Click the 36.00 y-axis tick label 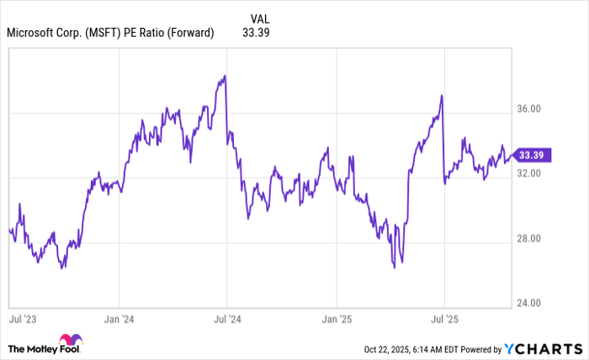tap(529, 109)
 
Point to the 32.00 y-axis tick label tap(529, 174)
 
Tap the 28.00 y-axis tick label tap(529, 239)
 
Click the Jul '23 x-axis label tap(22, 320)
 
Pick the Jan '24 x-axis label tap(119, 320)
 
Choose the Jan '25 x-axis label tap(336, 320)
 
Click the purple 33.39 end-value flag tap(533, 155)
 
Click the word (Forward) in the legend tap(188, 33)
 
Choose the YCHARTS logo tap(542, 348)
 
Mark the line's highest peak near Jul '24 tap(225, 76)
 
